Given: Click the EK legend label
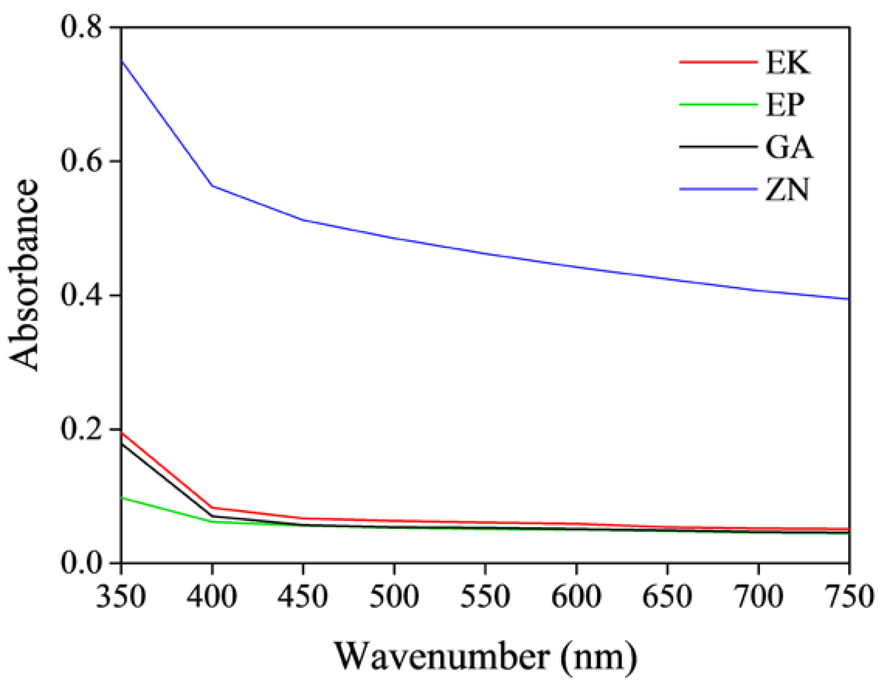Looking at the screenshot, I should click(787, 63).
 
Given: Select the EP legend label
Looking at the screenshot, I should click(785, 105).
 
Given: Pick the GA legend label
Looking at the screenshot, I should click(789, 147).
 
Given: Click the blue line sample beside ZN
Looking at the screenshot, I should click(718, 189).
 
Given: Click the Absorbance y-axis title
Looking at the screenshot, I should click(24, 275).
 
